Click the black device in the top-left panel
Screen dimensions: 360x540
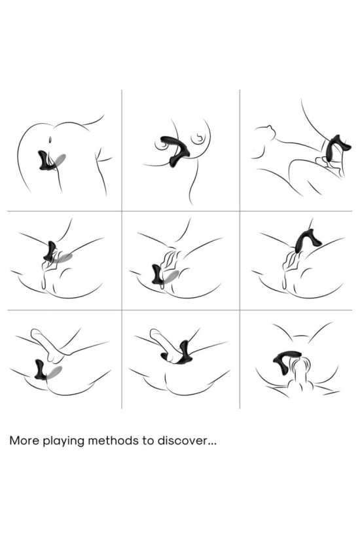[46, 161]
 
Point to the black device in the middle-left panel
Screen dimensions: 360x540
[50, 252]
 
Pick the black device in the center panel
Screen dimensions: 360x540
[158, 275]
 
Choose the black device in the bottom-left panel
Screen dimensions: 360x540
[41, 370]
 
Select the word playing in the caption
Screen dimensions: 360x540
[63, 442]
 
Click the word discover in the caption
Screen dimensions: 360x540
[183, 441]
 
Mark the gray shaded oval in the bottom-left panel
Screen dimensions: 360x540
[55, 372]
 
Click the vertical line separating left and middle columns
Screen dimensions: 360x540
[122, 249]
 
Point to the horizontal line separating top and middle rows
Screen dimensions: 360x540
[180, 211]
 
